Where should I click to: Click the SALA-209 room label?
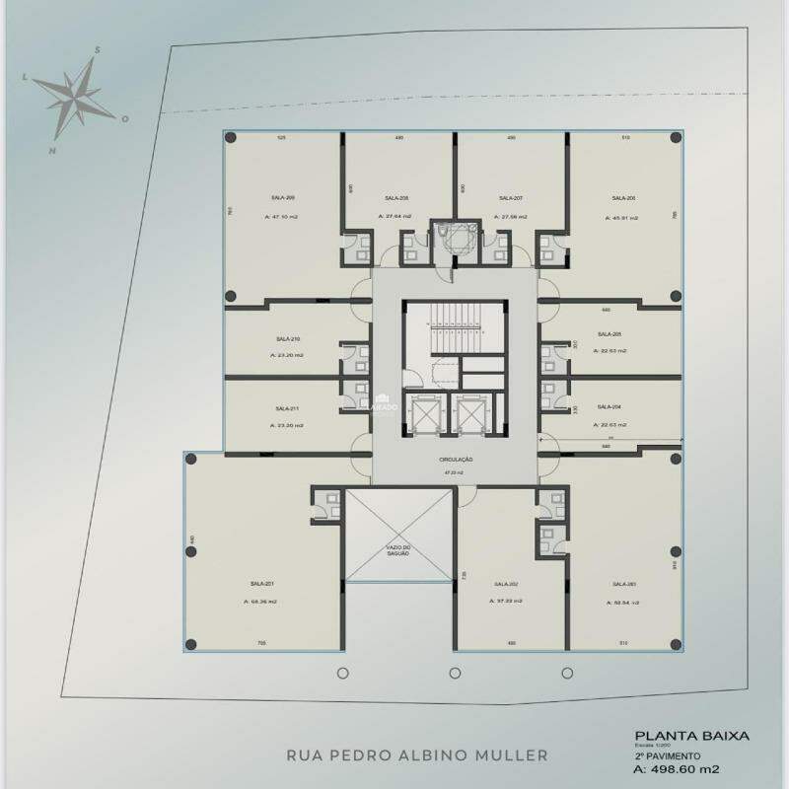(283, 198)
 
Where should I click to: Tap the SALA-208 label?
(398, 198)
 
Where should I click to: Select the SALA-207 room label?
(511, 198)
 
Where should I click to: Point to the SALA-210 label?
(288, 338)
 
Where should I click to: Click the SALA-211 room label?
(288, 408)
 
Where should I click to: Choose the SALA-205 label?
(610, 334)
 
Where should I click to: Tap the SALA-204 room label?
(610, 407)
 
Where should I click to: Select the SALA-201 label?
(261, 584)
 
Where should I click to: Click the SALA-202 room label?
(506, 584)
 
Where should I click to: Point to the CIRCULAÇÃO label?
(457, 460)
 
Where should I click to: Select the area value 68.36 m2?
(262, 602)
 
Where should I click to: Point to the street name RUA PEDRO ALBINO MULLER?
(416, 756)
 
